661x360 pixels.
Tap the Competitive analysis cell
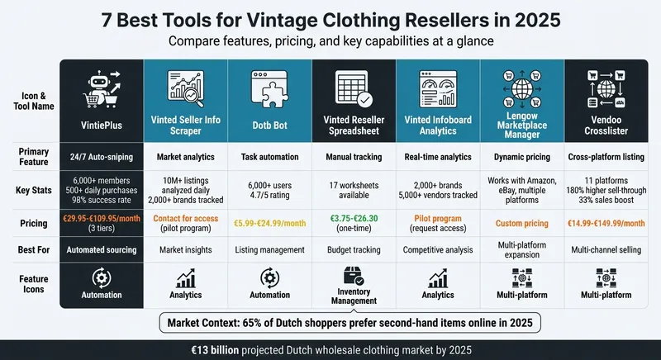point(438,249)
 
